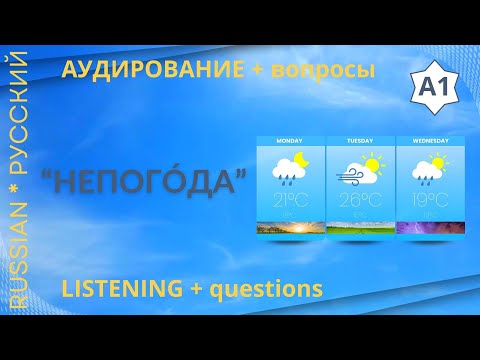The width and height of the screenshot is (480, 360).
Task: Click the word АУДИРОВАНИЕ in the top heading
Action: pyautogui.click(x=152, y=70)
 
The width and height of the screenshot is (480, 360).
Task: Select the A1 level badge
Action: pyautogui.click(x=428, y=88)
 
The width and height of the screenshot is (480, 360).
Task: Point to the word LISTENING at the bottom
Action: pyautogui.click(x=121, y=289)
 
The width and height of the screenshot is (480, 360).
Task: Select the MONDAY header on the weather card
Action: pyautogui.click(x=290, y=141)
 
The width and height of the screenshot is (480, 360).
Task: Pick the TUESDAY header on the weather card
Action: pyautogui.click(x=359, y=141)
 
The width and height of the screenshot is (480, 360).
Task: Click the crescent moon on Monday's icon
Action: pyautogui.click(x=303, y=160)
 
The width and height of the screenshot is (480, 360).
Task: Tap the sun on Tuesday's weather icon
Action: pyautogui.click(x=372, y=163)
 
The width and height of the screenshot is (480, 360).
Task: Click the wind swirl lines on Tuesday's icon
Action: pyautogui.click(x=350, y=177)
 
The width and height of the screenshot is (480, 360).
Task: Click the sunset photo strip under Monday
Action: pyautogui.click(x=290, y=228)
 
